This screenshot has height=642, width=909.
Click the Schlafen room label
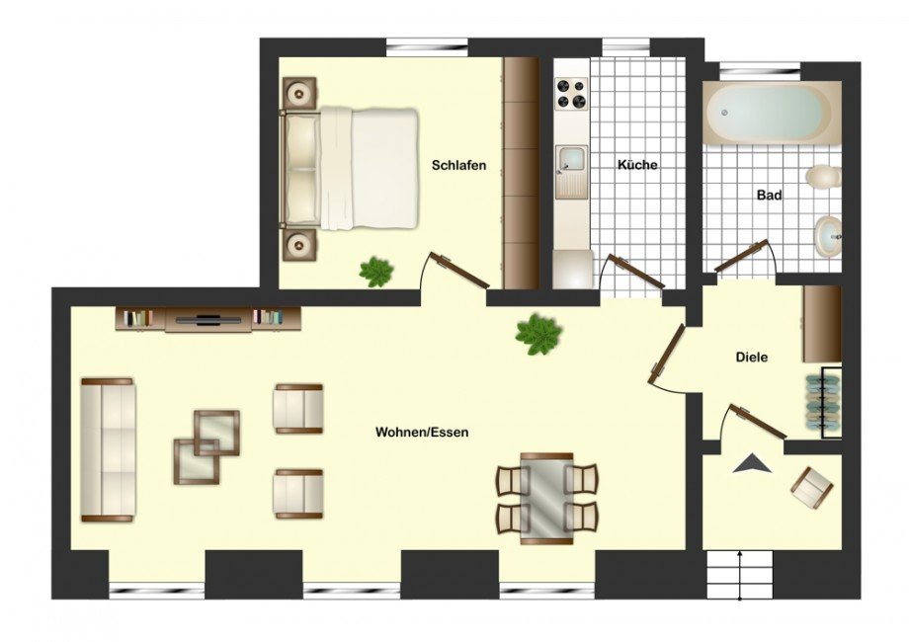[458, 166]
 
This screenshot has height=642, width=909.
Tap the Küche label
[637, 165]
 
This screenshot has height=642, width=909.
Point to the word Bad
[770, 196]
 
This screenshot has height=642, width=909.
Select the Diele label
[751, 357]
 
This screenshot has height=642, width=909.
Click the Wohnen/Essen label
[422, 433]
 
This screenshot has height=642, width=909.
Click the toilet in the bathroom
[824, 177]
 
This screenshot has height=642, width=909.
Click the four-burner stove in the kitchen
[571, 94]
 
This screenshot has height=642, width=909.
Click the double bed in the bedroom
[350, 168]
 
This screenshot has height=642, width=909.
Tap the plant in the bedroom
[376, 272]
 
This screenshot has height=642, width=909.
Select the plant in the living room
[538, 334]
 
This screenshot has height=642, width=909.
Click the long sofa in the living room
[108, 450]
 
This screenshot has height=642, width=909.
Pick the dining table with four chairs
[546, 499]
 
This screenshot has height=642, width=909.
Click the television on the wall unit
[208, 320]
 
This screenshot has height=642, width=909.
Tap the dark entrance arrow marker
[753, 464]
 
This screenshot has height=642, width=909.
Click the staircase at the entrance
[740, 576]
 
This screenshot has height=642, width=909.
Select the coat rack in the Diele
[823, 402]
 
